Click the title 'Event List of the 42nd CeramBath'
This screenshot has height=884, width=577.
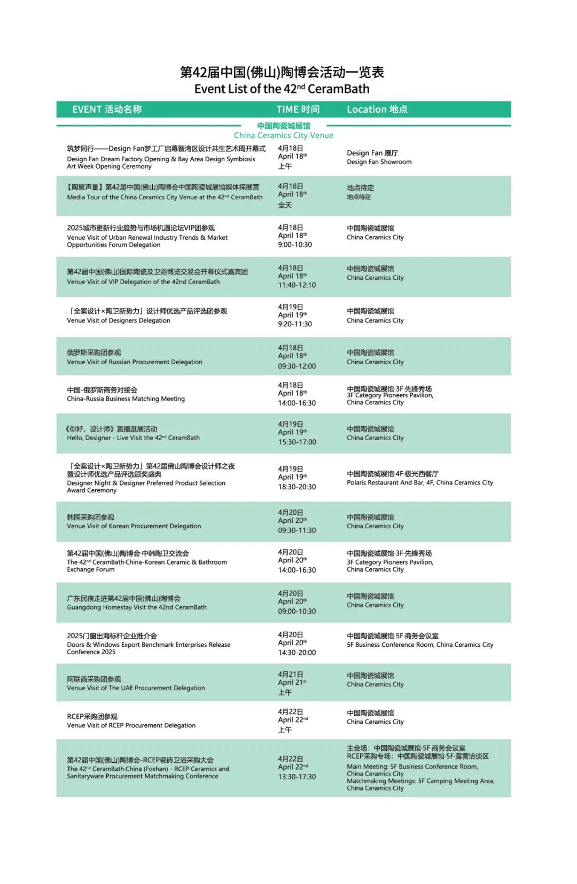click(282, 89)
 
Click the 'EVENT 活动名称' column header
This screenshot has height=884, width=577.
click(107, 109)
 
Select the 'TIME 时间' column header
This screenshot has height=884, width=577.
click(298, 109)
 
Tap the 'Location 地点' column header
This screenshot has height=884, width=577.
click(377, 109)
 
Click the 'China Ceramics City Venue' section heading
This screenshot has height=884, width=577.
click(283, 135)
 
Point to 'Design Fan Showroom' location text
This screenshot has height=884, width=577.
click(379, 162)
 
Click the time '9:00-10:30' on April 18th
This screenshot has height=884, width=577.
click(295, 245)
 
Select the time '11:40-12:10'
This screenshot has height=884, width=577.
click(297, 285)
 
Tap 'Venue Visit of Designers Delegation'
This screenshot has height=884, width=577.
click(119, 320)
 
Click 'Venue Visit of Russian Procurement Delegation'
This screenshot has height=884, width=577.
click(135, 362)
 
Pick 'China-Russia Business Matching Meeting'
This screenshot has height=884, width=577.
click(126, 398)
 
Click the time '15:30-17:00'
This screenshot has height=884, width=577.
click(297, 442)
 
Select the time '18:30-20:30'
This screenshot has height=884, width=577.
click(297, 487)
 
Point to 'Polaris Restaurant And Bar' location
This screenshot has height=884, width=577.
click(419, 482)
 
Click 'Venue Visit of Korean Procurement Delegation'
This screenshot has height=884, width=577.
click(134, 526)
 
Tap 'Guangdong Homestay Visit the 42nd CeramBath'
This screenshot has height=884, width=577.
click(137, 607)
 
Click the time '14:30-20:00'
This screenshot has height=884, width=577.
click(297, 653)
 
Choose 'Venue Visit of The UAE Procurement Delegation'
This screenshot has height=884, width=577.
click(136, 688)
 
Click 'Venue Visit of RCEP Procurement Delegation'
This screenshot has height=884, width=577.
click(131, 725)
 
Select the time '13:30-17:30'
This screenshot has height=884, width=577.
click(297, 777)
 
